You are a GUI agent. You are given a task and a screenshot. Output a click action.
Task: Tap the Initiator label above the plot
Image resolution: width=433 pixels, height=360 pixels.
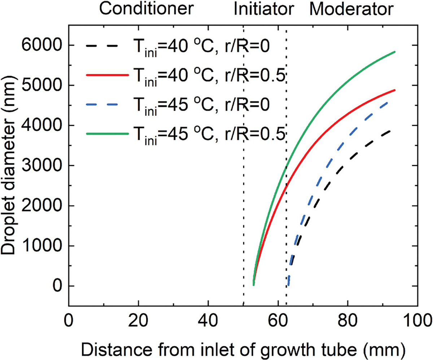pos(262,9)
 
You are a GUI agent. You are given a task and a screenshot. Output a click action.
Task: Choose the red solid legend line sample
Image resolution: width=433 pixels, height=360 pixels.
pos(107,75)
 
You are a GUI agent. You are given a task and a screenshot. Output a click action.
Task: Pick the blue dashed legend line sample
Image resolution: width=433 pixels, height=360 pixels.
pos(107,104)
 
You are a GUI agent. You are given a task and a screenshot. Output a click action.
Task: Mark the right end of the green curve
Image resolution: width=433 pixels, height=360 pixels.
pos(395,52)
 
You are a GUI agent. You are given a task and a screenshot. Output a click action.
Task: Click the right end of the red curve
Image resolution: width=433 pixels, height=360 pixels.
pos(395,90)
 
